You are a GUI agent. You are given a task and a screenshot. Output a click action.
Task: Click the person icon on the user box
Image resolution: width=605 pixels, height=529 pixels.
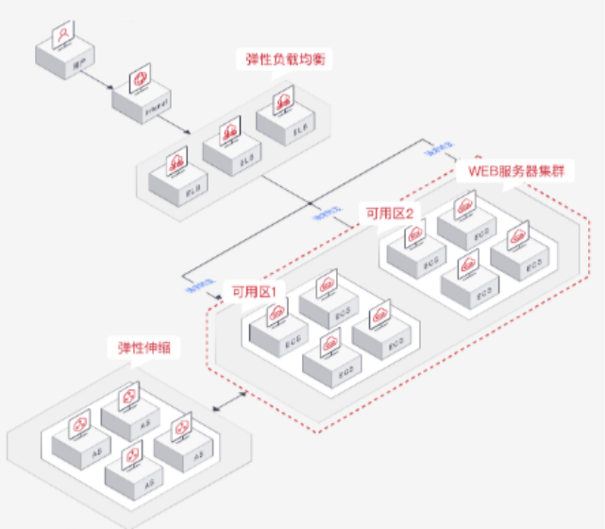coord(62,35)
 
